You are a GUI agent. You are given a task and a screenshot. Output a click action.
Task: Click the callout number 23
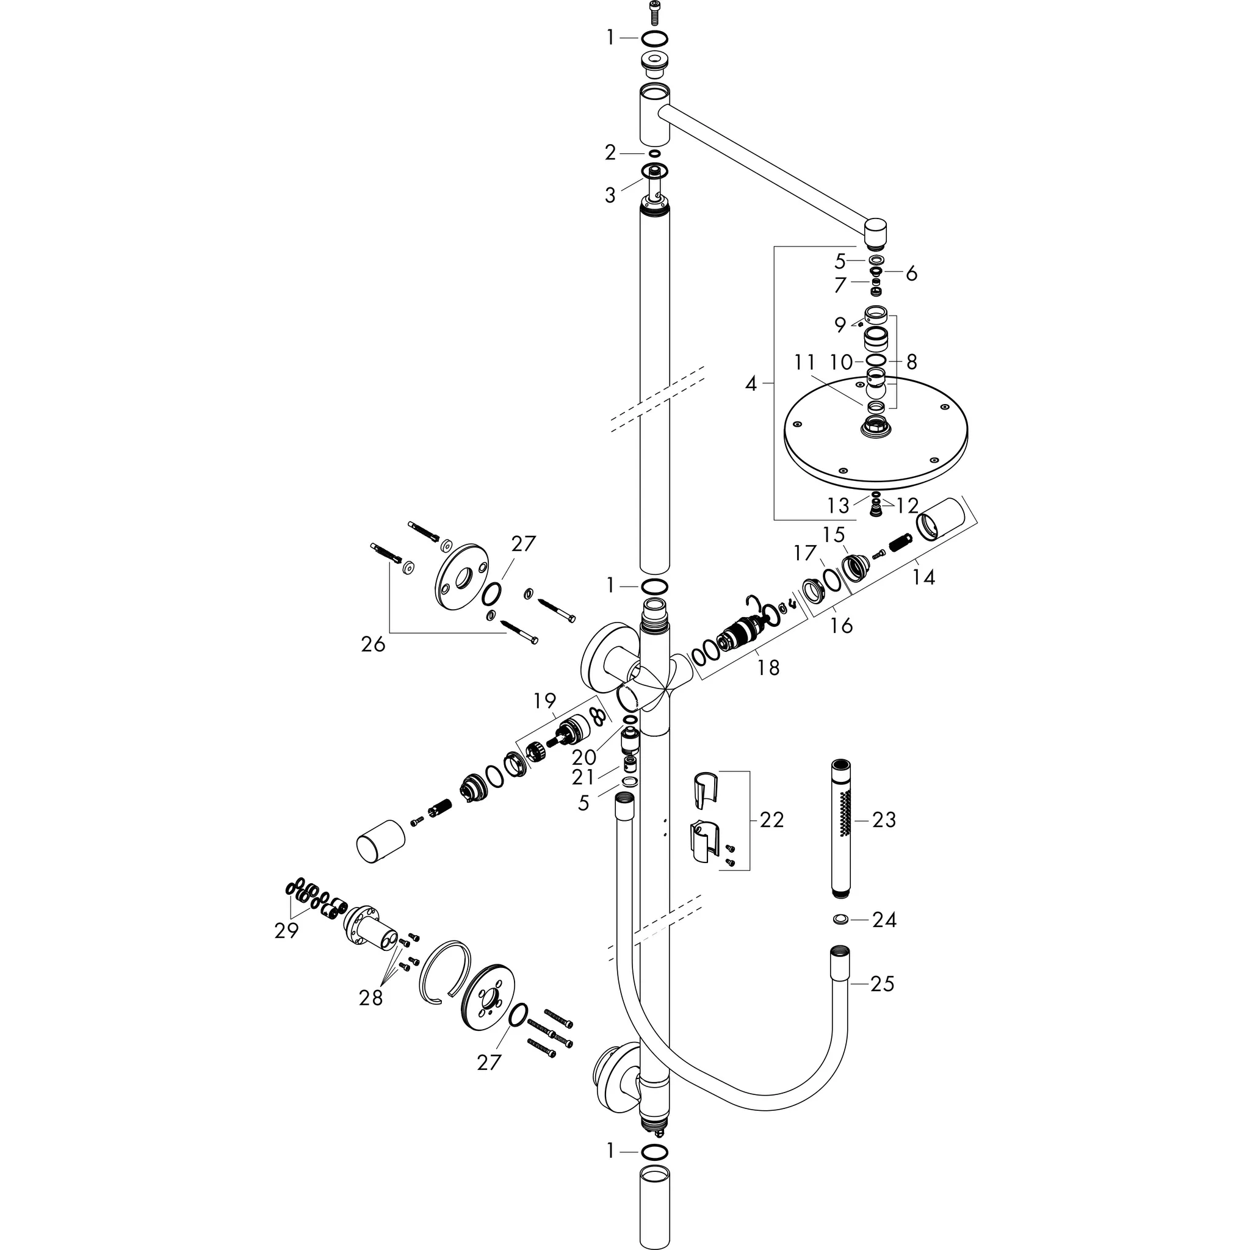[x=884, y=820]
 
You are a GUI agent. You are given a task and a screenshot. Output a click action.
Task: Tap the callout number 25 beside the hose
[x=883, y=984]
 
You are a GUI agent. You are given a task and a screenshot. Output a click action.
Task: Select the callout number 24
[x=884, y=919]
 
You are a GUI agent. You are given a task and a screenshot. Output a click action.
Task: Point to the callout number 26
[x=374, y=645]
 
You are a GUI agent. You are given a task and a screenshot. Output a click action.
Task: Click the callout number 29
[x=286, y=931]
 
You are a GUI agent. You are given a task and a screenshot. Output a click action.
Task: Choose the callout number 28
[x=370, y=999]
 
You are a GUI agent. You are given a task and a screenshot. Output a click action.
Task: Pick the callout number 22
[x=771, y=820]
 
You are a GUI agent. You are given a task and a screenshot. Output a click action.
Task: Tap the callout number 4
[x=751, y=384]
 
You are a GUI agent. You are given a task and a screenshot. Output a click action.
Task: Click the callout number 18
[x=768, y=667]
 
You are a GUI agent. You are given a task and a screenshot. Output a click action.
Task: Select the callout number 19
[x=545, y=701]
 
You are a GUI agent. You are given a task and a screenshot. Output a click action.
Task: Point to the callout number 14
[x=923, y=576]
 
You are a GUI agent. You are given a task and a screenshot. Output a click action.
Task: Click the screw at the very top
[x=655, y=12]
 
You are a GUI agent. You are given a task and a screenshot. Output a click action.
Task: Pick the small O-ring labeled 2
[x=654, y=153]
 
